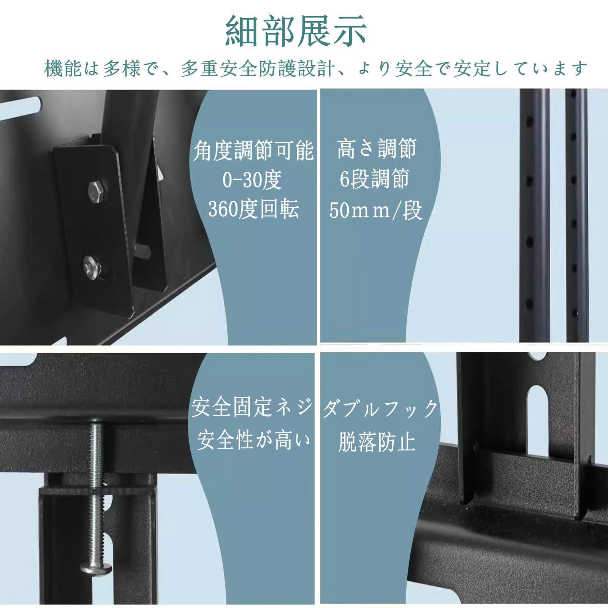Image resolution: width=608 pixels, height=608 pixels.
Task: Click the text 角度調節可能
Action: point(253,150)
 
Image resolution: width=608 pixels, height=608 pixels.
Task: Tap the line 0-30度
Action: point(252,180)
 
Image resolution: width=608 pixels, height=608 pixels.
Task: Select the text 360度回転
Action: point(253,209)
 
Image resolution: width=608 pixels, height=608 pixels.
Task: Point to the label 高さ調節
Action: point(377,149)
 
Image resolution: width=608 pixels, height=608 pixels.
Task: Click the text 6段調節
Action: point(374,179)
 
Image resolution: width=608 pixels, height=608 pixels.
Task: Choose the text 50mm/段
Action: point(375,210)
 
